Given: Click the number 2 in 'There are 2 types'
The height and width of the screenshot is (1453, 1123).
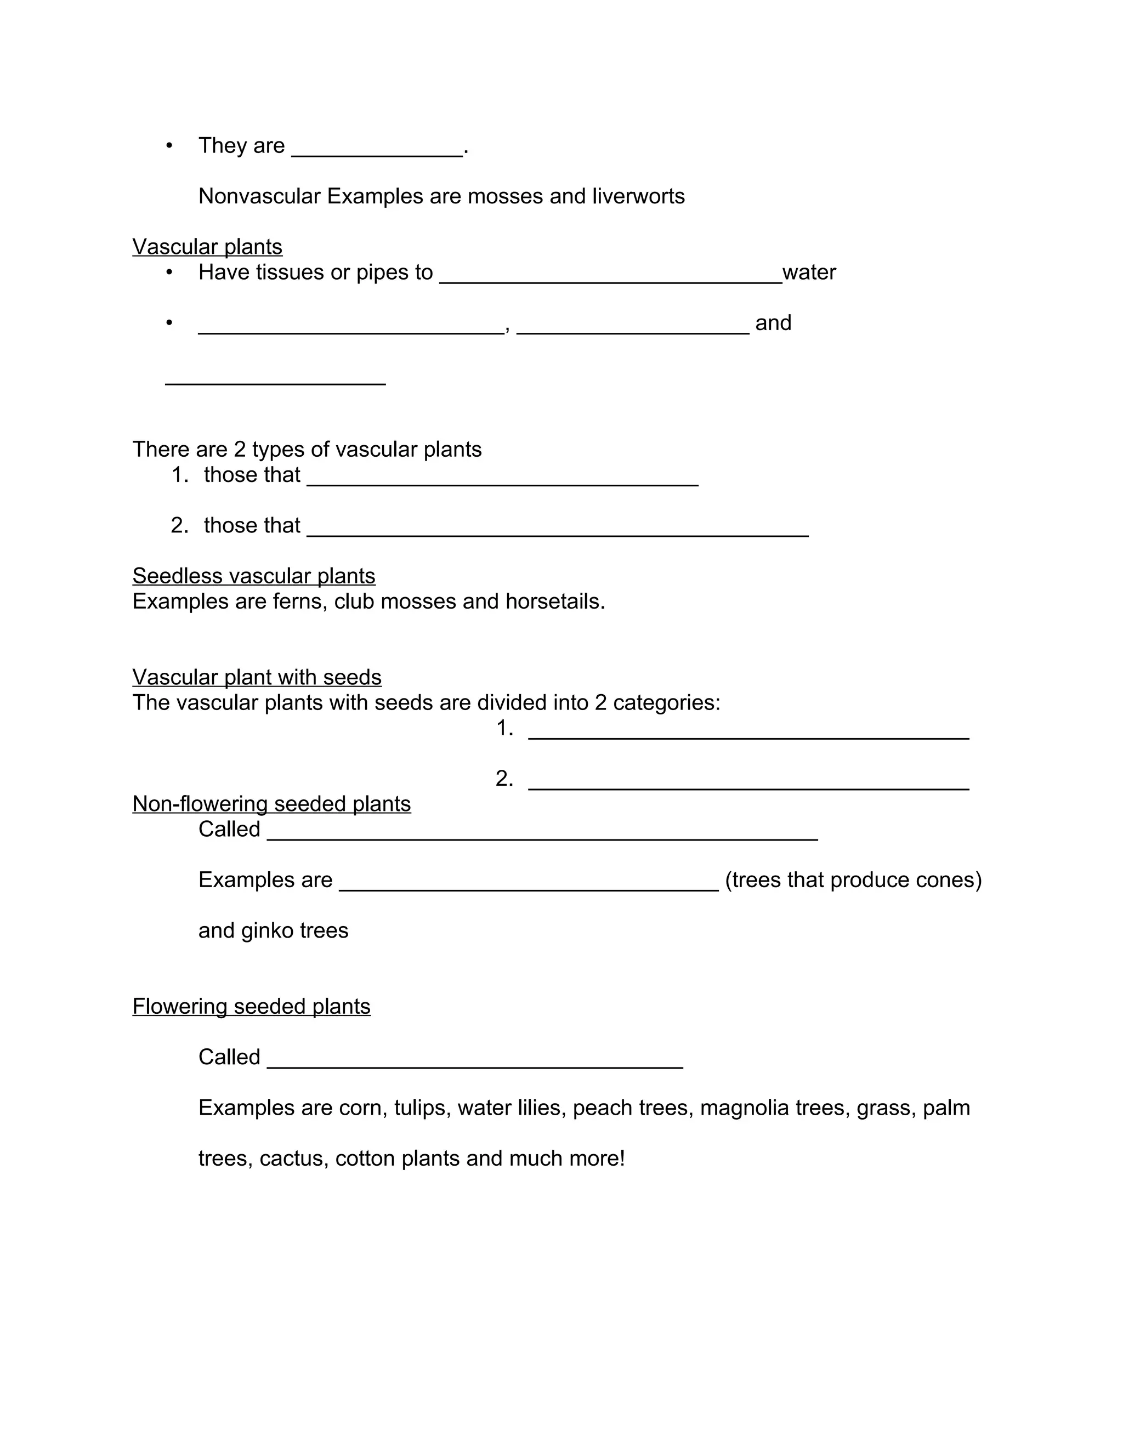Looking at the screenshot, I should tap(240, 449).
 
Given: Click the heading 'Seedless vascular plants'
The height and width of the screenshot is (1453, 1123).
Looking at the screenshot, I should tap(253, 576).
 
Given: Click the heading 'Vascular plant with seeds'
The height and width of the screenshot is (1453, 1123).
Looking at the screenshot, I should tap(257, 677).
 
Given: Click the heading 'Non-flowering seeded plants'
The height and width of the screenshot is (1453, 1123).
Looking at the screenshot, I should tap(271, 804).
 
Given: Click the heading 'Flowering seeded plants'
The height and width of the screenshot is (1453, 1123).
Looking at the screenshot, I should tap(252, 1007).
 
